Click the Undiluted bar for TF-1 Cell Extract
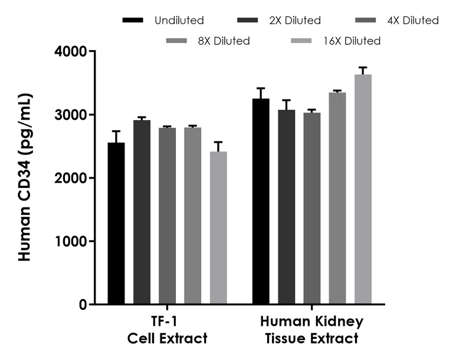(x=116, y=224)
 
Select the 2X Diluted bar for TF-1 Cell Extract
(x=142, y=212)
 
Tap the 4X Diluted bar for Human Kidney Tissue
(x=312, y=209)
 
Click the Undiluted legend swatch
(x=133, y=21)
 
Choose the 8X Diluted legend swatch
(x=176, y=41)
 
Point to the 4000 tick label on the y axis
(x=71, y=52)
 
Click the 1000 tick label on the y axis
(x=72, y=242)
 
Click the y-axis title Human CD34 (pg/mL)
(x=25, y=177)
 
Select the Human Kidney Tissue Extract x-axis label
(x=312, y=331)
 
